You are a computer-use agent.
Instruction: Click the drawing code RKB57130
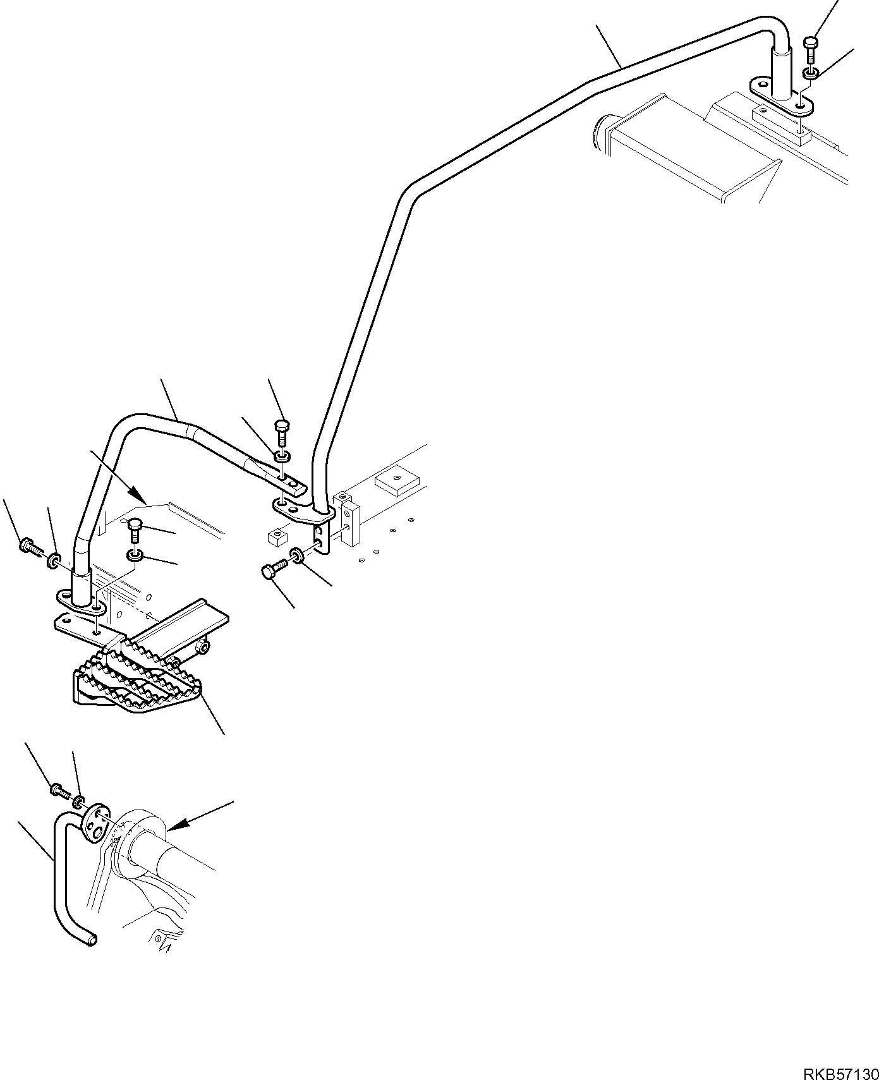[x=840, y=1057]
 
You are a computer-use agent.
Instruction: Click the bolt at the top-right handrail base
[x=811, y=51]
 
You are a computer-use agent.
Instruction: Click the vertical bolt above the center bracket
[x=282, y=432]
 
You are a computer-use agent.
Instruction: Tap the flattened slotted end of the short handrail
[x=292, y=485]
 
